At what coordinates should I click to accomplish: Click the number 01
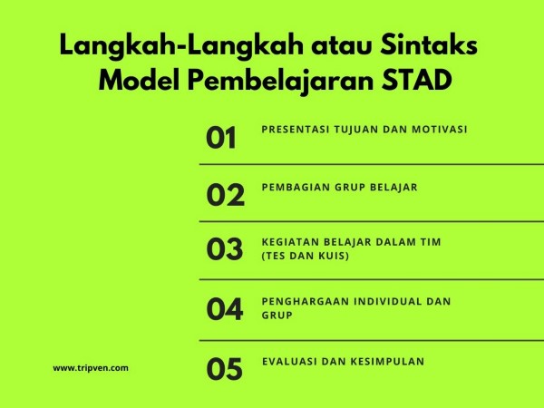pos(221,138)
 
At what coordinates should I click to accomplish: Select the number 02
pos(226,195)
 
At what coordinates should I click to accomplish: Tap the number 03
pos(225,249)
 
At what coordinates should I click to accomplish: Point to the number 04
pos(225,309)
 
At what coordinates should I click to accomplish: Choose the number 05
pos(225,369)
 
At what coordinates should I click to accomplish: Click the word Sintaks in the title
pos(429,45)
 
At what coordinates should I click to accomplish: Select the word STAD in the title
pos(417,80)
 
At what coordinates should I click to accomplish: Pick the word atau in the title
pos(342,46)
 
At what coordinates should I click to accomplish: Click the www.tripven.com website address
pos(91,368)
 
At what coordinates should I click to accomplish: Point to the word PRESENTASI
pos(296,130)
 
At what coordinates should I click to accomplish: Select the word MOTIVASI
pos(440,130)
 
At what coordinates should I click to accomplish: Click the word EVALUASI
pos(289,362)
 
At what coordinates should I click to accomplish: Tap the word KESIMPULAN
pos(387,362)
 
